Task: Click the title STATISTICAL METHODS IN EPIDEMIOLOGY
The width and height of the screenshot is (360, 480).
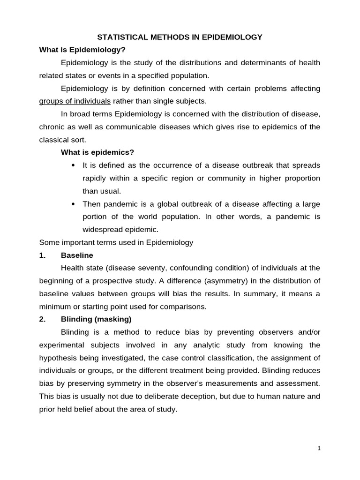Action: pos(180,37)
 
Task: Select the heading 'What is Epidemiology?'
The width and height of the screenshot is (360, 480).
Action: pos(82,50)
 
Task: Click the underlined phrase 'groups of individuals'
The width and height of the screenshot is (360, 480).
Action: pos(75,101)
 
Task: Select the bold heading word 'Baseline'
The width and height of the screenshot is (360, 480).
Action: pos(77,255)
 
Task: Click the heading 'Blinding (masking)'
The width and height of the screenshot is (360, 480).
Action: pos(96,319)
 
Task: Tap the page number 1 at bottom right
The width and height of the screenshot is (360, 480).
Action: pos(319,449)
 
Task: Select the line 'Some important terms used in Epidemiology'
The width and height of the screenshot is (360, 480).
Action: pos(116,242)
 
